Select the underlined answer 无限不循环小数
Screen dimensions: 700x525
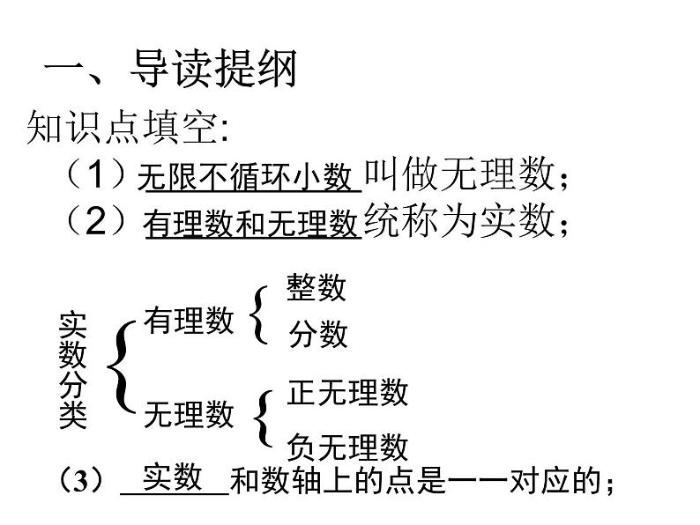245,178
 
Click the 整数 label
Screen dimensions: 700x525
316,287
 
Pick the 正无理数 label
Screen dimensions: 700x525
347,392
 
